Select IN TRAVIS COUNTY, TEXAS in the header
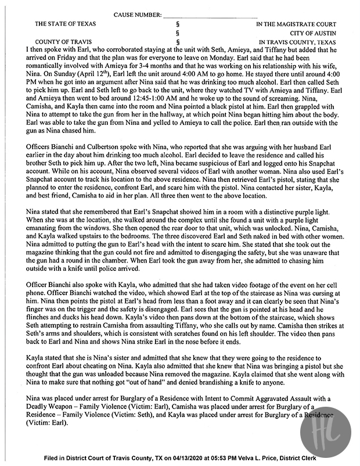click(x=297, y=42)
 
